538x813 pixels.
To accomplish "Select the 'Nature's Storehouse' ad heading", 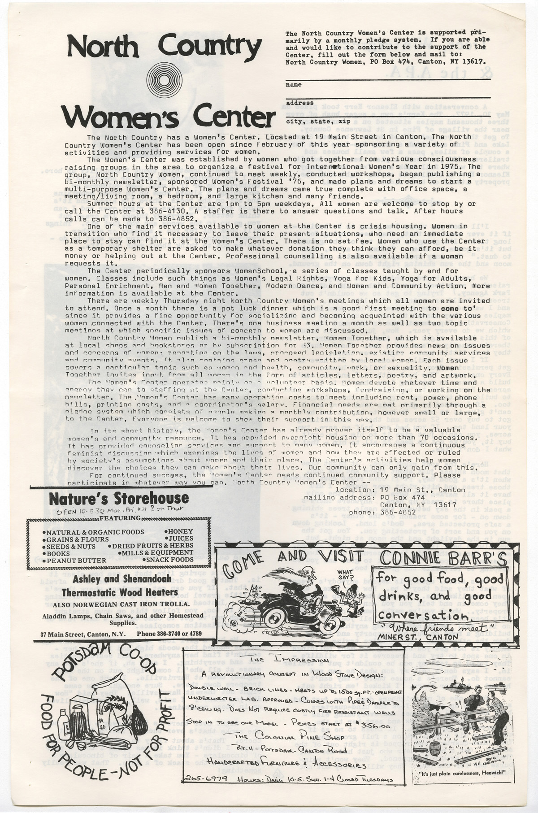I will coord(118,499).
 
